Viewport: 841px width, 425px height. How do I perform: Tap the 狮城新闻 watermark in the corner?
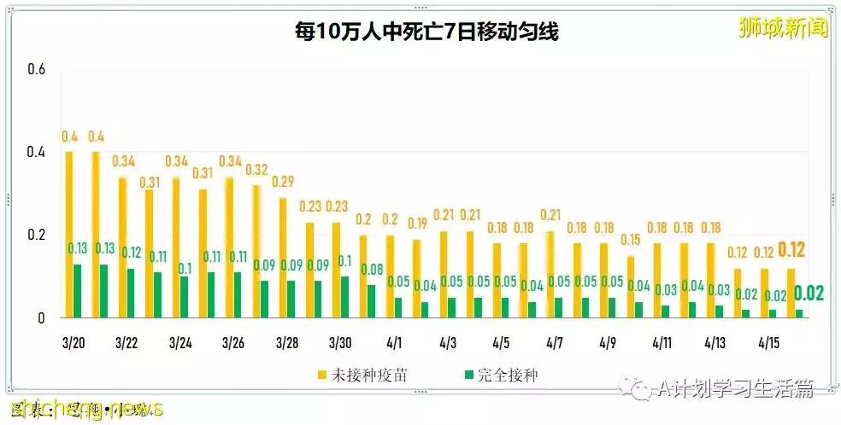click(783, 28)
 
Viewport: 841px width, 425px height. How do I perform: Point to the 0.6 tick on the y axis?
click(36, 69)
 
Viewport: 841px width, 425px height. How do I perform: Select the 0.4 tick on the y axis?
click(36, 153)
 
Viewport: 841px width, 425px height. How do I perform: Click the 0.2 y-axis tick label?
click(36, 236)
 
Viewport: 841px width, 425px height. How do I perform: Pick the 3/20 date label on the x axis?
click(74, 342)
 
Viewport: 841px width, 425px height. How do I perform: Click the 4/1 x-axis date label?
click(395, 342)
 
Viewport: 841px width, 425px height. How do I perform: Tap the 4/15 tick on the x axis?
click(770, 342)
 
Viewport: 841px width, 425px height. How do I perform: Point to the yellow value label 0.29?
click(284, 182)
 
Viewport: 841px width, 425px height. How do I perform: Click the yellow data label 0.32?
click(257, 169)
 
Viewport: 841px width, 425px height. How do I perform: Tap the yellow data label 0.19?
click(417, 224)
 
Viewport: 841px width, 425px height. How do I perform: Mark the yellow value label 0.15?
click(631, 240)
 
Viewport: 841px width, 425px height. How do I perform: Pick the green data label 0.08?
click(372, 270)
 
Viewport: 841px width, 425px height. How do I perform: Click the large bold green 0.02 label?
click(809, 294)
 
